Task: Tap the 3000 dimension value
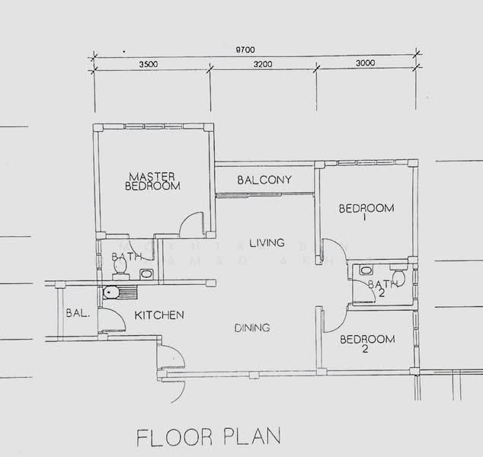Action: point(366,65)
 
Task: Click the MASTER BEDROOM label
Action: point(152,181)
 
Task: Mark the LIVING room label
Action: point(266,243)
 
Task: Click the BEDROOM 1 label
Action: point(366,212)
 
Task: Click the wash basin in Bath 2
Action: point(365,270)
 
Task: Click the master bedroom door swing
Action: point(191,225)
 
